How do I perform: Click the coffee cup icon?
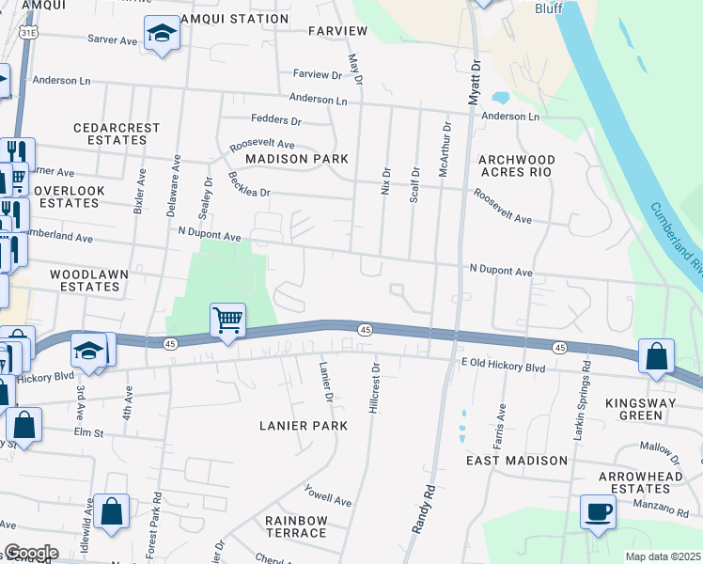tap(598, 512)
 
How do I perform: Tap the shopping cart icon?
tap(228, 321)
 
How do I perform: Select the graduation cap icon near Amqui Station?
tap(162, 34)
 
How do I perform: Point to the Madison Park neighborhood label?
tap(296, 159)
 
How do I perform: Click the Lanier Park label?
tap(304, 426)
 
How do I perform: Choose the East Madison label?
tap(517, 461)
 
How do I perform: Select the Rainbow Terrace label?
tap(295, 526)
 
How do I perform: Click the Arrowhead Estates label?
tap(636, 482)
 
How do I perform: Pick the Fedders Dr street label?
tap(275, 120)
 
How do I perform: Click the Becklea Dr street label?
tap(248, 185)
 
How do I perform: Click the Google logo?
tap(30, 553)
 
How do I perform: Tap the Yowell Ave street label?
tap(327, 495)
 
